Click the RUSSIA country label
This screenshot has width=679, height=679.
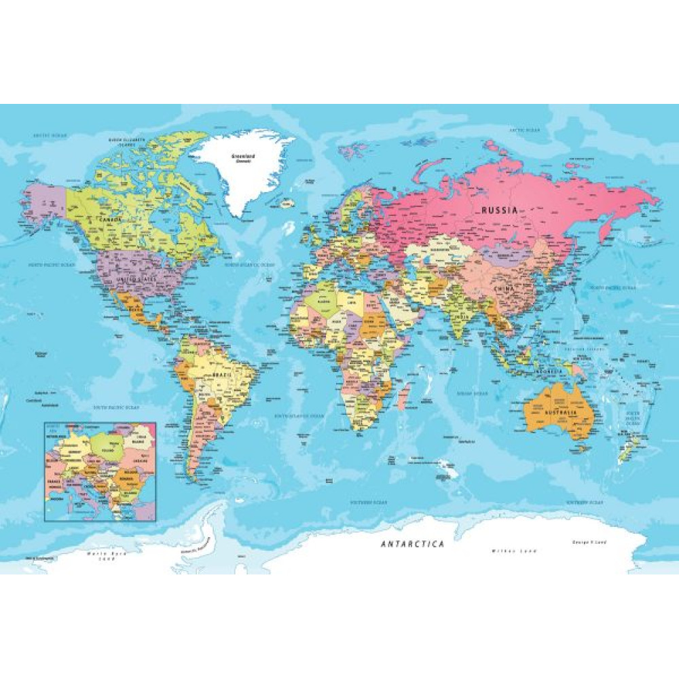coord(499,210)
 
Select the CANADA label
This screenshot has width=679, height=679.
coord(111,221)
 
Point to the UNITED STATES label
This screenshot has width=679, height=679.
coord(136,279)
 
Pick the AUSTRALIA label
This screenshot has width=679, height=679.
coord(560,413)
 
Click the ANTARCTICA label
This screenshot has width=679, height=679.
coord(412,544)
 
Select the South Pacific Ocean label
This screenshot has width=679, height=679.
coord(115,407)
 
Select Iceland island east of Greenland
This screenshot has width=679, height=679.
coord(289,202)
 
